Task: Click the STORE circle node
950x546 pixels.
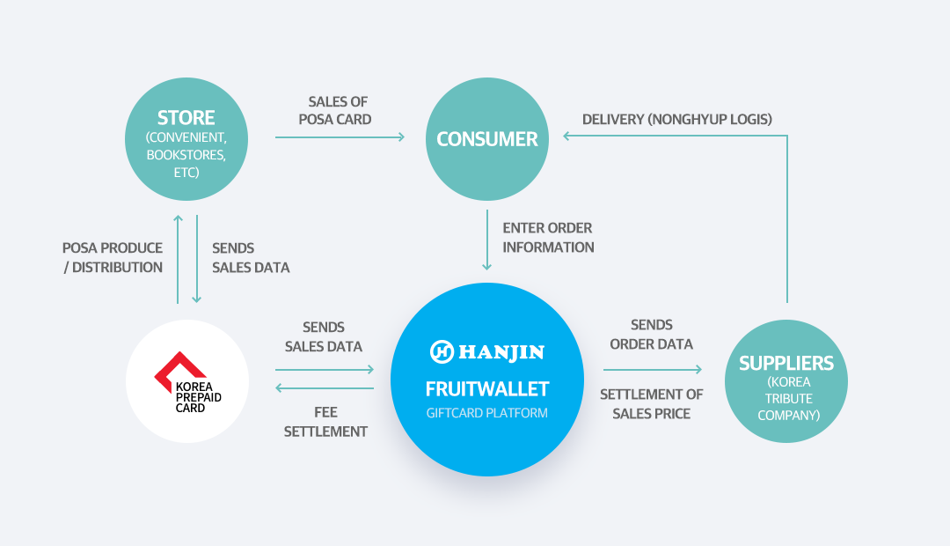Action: (186, 139)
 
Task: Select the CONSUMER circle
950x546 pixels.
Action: (487, 139)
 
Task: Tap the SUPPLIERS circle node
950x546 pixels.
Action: (786, 381)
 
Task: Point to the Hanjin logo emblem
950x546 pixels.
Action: (442, 352)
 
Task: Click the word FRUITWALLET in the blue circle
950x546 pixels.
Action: (487, 389)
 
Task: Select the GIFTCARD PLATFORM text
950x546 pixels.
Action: (487, 413)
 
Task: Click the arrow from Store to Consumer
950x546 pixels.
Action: (340, 137)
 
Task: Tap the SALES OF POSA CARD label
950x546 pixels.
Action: (336, 110)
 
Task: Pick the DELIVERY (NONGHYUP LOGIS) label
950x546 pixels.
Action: (676, 120)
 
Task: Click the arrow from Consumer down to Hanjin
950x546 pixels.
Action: (487, 240)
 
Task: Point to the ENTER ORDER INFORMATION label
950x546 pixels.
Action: (548, 238)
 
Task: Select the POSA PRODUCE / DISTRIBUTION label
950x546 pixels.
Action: (113, 258)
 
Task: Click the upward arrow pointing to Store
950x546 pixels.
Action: (178, 259)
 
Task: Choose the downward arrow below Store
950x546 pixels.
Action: (196, 259)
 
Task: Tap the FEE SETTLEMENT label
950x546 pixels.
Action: (325, 422)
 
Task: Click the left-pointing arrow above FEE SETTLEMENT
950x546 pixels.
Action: (325, 387)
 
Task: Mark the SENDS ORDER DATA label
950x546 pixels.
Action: (651, 335)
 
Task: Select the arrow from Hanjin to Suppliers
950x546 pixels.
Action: (653, 369)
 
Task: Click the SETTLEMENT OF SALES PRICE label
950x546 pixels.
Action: (651, 404)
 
